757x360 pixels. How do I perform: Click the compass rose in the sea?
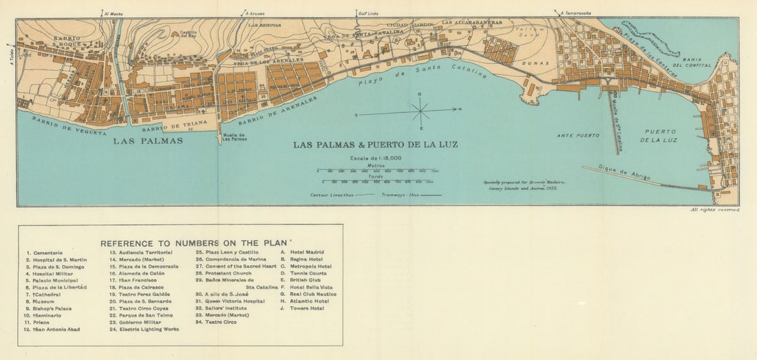coord(420,109)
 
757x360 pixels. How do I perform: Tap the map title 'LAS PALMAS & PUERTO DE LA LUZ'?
coord(375,145)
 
